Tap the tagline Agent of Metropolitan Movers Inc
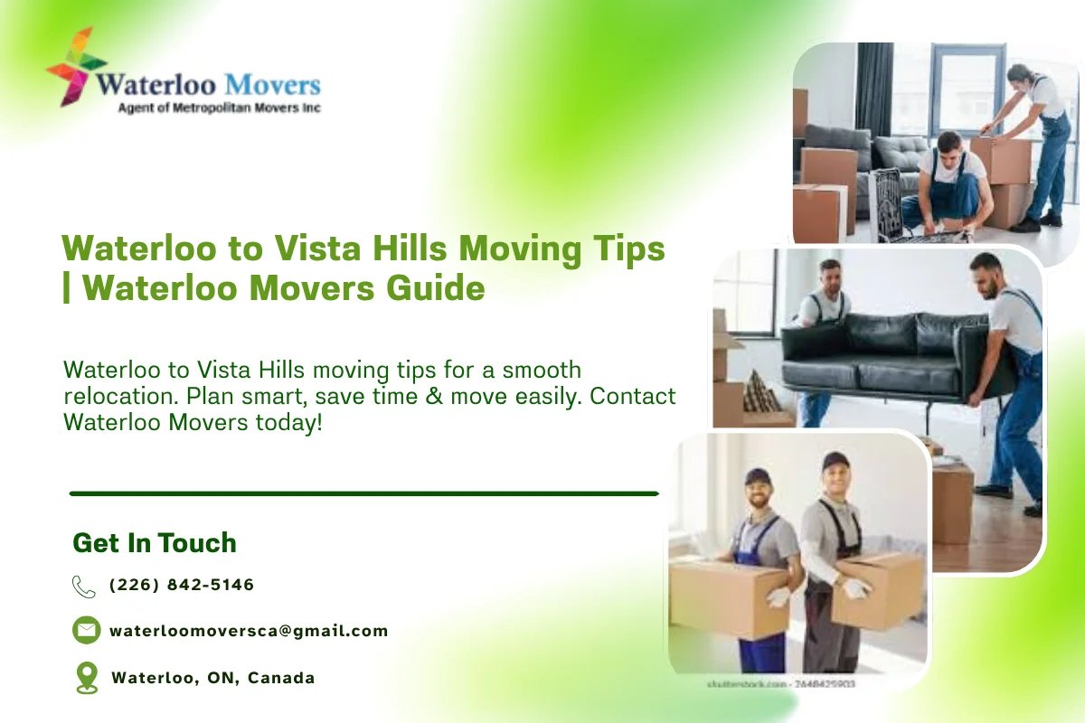[220, 108]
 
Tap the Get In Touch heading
[155, 543]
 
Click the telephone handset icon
[83, 586]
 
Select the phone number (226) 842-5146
[182, 585]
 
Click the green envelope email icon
[86, 630]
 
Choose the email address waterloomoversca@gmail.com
[249, 631]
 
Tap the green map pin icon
[86, 677]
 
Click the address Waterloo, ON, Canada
[212, 678]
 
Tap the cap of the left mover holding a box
[758, 475]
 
